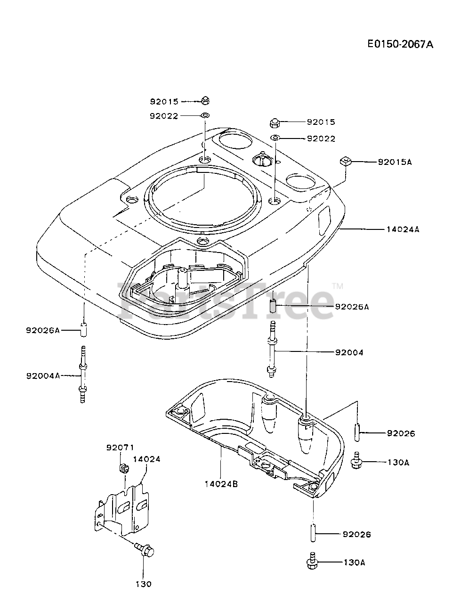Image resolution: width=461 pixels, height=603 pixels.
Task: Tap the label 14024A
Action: [x=403, y=229]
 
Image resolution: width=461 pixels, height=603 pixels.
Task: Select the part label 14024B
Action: [x=221, y=483]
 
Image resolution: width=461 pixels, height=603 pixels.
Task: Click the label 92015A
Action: [x=395, y=162]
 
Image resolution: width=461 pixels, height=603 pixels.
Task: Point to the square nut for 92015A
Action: [x=346, y=162]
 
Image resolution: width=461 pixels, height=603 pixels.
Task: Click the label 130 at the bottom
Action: [x=144, y=584]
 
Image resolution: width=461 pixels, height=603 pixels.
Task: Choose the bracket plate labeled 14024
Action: [x=123, y=509]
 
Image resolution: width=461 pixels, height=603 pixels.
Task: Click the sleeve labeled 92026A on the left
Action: [x=84, y=329]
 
